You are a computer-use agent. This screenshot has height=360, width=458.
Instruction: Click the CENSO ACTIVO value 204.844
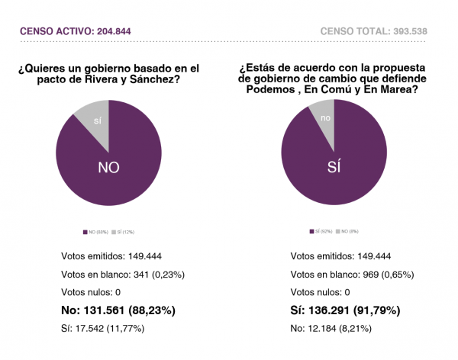coord(120,31)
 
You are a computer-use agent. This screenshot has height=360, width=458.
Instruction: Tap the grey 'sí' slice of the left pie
coord(97,120)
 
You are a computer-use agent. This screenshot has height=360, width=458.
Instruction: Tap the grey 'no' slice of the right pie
coord(325,117)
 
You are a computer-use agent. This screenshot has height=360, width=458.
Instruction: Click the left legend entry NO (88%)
coord(97,231)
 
